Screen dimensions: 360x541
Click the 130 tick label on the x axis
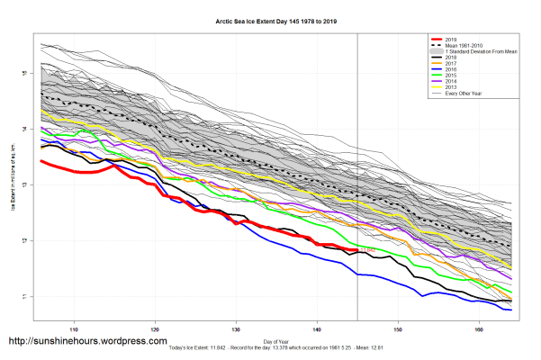pyautogui.click(x=236, y=328)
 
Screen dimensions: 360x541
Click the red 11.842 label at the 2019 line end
pyautogui.click(x=365, y=248)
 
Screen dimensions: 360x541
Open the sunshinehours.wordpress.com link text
pyautogui.click(x=87, y=342)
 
